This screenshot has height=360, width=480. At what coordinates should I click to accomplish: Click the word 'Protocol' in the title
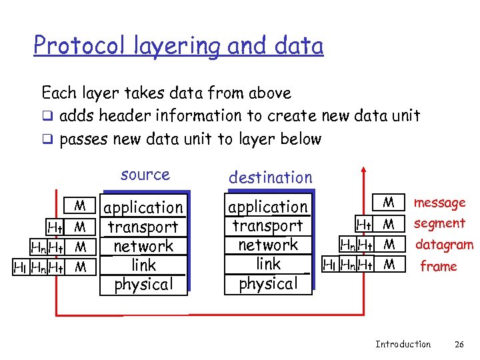coord(74,45)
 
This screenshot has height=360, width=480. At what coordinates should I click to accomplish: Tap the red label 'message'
coord(439,203)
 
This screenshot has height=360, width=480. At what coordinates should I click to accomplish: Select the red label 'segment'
coord(439,223)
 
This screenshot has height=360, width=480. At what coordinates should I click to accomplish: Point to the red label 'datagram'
coord(444,245)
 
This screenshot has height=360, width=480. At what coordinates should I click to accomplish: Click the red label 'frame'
coord(438,267)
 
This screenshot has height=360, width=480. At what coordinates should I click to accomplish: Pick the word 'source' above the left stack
coord(145,175)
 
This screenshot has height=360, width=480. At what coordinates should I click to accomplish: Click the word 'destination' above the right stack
coord(270,177)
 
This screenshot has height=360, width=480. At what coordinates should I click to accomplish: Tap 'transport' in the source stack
coord(143,227)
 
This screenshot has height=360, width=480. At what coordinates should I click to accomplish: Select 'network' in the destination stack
coord(268,245)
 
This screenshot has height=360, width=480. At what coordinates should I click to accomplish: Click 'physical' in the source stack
coord(143,285)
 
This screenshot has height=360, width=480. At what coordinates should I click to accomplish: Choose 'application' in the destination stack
coord(268,207)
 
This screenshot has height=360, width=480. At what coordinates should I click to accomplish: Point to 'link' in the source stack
coord(144,265)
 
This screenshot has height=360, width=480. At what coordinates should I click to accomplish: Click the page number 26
coord(459,345)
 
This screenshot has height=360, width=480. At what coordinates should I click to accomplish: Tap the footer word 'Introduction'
coord(403,345)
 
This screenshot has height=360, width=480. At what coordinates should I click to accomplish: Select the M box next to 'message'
coord(389,202)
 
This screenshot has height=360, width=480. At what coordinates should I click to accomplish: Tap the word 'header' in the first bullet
coord(122,115)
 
